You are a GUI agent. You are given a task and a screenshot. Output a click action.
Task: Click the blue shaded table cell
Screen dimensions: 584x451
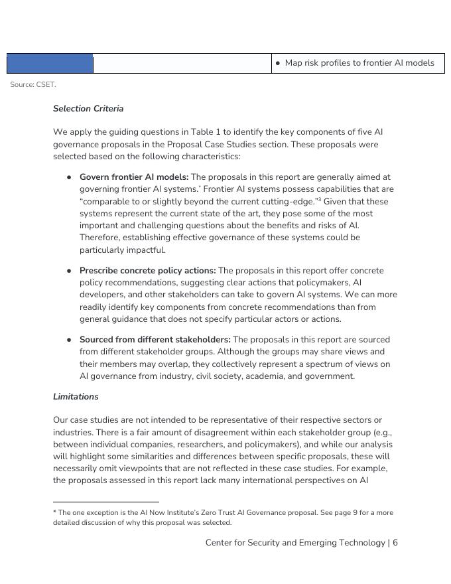pos(50,64)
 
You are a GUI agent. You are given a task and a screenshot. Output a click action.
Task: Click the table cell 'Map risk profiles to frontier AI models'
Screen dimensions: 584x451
pos(359,63)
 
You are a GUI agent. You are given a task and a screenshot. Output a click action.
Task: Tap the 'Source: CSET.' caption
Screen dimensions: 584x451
pos(33,85)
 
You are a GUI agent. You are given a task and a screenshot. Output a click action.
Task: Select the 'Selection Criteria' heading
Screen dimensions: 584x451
pos(88,109)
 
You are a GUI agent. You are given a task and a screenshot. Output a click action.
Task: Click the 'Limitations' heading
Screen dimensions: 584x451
pos(76,397)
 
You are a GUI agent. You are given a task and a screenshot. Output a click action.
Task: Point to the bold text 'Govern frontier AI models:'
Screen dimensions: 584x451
pos(134,177)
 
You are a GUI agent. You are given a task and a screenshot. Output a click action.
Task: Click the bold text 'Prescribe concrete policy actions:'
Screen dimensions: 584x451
pos(147,271)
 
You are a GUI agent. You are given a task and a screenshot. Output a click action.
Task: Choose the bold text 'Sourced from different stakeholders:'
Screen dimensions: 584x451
pos(155,340)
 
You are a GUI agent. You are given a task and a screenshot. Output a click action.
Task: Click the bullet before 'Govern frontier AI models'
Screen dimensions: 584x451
pos(69,178)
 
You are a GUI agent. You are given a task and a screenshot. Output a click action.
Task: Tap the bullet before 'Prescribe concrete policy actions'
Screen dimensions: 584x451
pos(69,271)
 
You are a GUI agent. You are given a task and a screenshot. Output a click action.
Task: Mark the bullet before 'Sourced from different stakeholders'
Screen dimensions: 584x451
pos(69,340)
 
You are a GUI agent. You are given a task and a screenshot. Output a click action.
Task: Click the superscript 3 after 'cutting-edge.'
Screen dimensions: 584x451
pos(320,200)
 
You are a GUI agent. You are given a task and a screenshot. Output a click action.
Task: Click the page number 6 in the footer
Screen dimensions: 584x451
pos(395,543)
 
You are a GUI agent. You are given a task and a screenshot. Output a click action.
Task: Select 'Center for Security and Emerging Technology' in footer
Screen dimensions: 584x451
pos(295,543)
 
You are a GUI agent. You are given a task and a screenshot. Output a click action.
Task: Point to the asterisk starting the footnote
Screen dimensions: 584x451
pos(55,512)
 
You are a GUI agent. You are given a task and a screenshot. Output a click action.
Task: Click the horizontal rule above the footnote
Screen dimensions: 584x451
pos(106,502)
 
